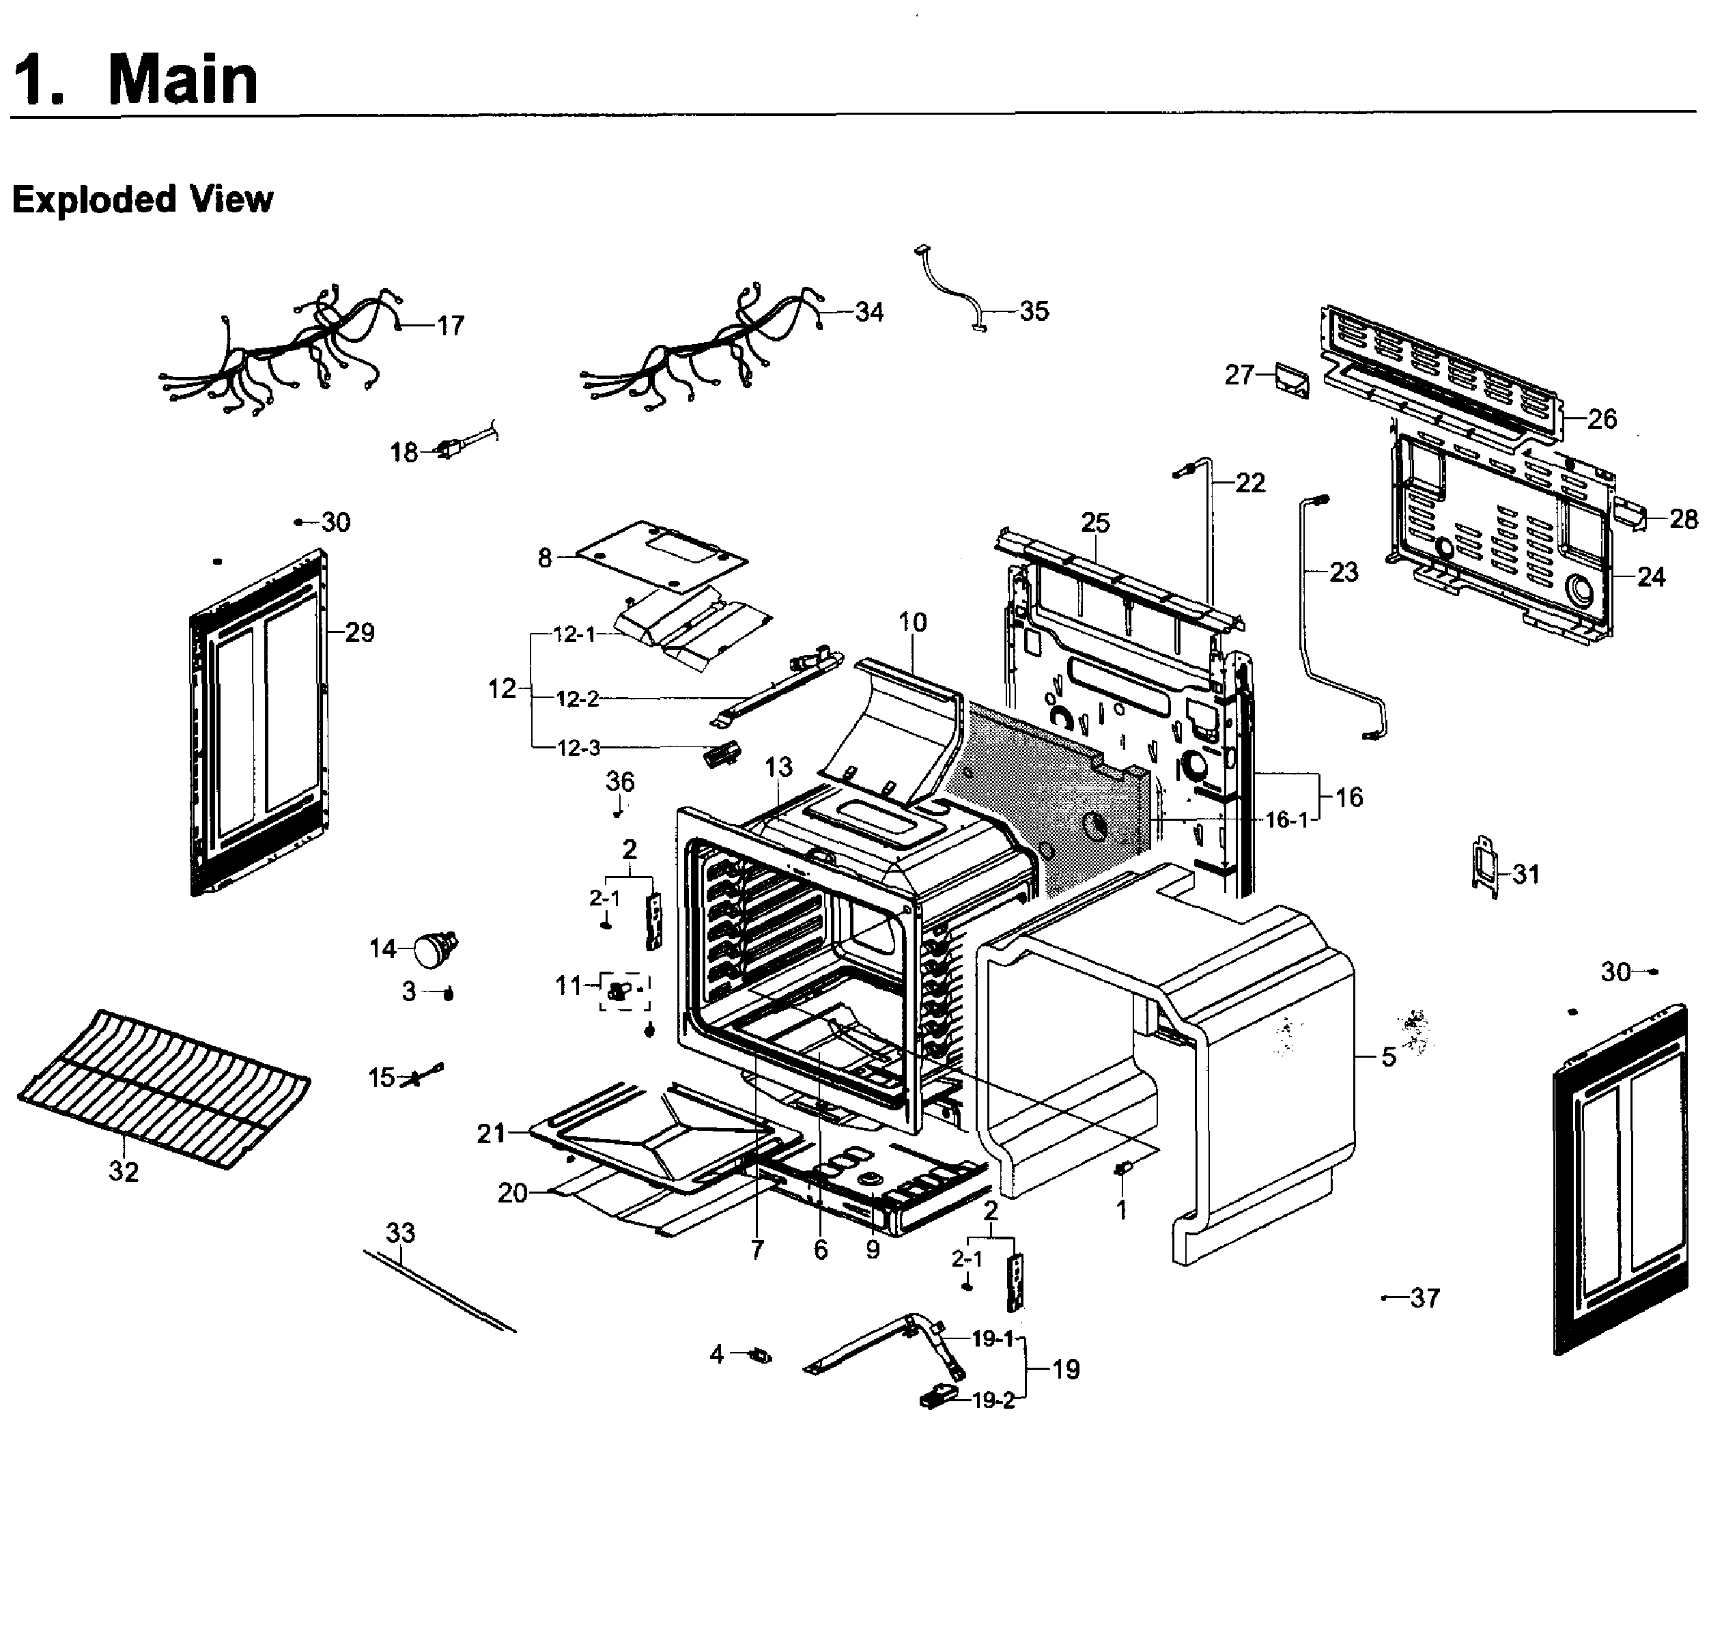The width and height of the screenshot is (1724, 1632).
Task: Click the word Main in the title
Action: coord(183,80)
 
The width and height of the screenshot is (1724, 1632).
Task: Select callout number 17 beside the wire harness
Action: coord(451,326)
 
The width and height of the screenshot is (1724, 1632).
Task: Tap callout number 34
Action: coord(869,312)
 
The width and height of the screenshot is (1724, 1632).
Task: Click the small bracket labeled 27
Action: coord(1292,380)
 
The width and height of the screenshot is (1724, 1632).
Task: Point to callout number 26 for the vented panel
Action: coord(1602,419)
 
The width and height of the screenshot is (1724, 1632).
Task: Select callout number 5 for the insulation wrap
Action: coord(1389,1057)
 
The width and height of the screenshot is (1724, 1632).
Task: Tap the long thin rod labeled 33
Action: coord(439,1293)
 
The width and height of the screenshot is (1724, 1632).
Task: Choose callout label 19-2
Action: coord(993,1401)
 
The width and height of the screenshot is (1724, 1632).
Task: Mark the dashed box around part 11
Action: coord(623,991)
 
